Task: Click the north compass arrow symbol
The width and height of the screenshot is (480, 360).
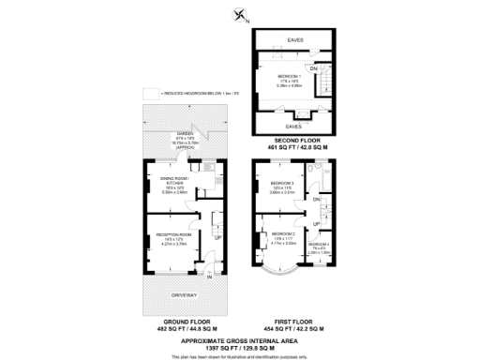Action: click(241, 14)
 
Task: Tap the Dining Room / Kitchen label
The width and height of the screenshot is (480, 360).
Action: click(175, 178)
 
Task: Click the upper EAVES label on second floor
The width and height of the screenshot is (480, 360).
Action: click(293, 39)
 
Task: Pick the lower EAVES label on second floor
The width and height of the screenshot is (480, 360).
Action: click(292, 125)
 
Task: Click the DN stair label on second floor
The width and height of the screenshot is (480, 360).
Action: click(314, 68)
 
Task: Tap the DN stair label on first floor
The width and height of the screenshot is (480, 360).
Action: click(317, 199)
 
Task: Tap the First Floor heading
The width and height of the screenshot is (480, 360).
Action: click(293, 325)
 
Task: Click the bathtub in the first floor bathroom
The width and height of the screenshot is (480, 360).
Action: click(322, 172)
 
